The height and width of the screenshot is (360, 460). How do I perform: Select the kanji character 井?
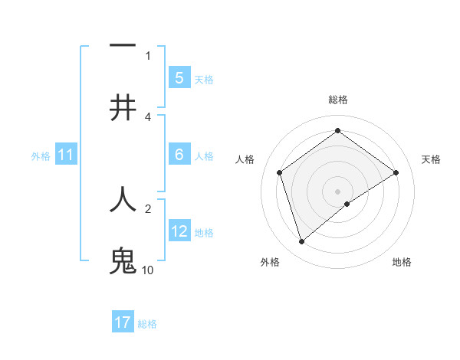pos(123,108)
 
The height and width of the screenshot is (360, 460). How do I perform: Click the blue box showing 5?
pos(179,78)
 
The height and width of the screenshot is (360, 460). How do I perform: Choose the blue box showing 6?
pos(179,155)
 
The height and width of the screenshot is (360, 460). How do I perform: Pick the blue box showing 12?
pos(179,231)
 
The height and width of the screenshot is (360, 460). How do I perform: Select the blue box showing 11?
pos(66,155)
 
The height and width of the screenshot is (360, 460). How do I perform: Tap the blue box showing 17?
pos(123,322)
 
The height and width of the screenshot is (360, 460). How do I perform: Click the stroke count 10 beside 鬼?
pos(148,270)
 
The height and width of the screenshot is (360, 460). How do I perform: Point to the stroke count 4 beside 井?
pos(148,116)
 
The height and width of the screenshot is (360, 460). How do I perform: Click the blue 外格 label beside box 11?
pos(41,155)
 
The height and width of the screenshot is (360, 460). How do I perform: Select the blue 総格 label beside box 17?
pos(148,323)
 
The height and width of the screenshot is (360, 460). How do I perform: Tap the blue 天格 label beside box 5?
pos(204,79)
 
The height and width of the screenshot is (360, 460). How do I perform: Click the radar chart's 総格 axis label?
pos(337,100)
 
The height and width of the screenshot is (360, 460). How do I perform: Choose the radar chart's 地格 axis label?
pos(402,262)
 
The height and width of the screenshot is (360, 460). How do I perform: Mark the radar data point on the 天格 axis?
pos(396,172)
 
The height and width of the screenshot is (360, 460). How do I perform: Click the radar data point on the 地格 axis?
pos(347,204)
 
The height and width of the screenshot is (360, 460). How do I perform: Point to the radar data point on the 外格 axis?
pos(301,242)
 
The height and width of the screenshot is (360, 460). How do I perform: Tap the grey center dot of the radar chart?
pos(337,191)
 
